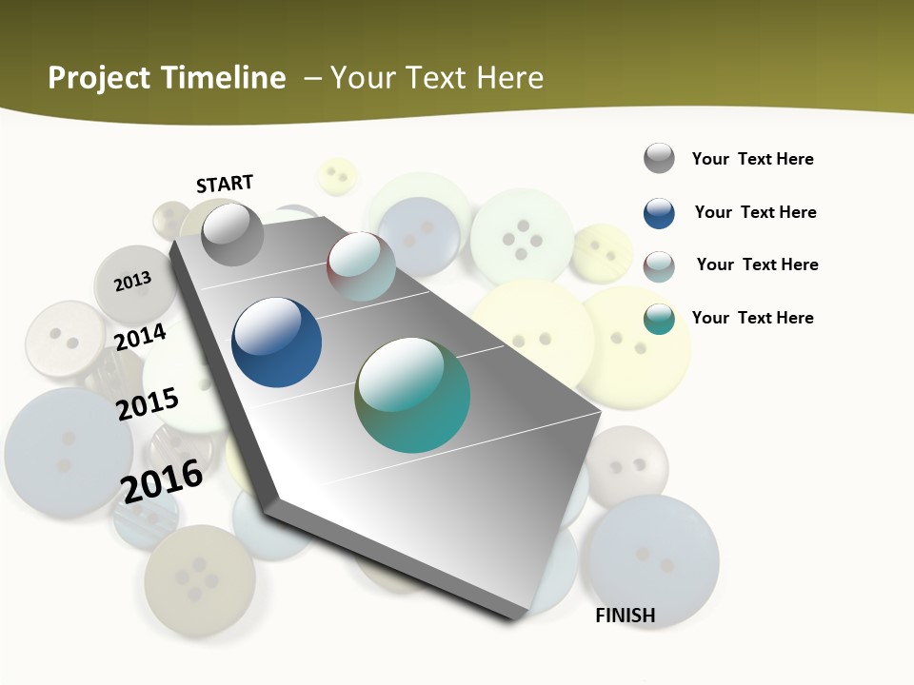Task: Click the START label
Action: [225, 183]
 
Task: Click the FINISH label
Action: [626, 616]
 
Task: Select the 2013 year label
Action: [133, 281]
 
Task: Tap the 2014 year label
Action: [141, 337]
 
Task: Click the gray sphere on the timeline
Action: [232, 234]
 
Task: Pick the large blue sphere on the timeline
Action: [276, 342]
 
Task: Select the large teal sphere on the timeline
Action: [412, 395]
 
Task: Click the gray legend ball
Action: [659, 159]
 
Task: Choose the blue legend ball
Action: [659, 213]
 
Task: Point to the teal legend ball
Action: [659, 319]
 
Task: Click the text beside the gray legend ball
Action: [752, 159]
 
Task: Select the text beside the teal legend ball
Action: [752, 318]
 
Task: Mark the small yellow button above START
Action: [336, 176]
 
